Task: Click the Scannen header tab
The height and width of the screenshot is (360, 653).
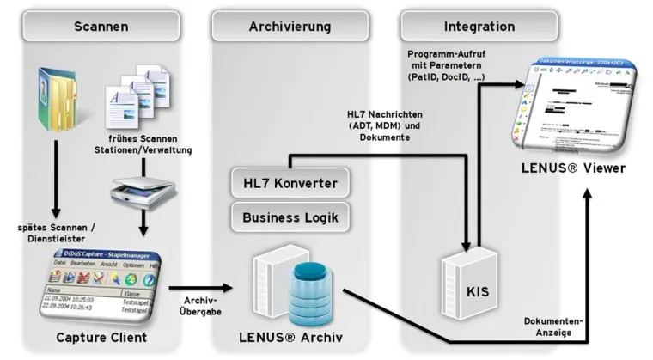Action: click(x=101, y=27)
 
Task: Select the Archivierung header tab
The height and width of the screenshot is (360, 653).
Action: click(x=290, y=27)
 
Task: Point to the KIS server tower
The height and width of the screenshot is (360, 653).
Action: click(x=465, y=275)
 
